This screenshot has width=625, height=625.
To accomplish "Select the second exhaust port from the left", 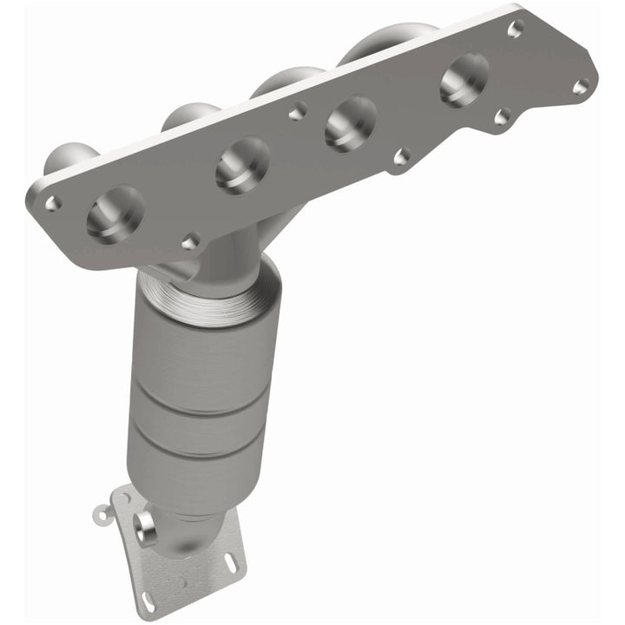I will [242, 164].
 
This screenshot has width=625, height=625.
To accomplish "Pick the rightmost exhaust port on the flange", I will [464, 79].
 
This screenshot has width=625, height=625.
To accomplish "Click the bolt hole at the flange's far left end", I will [53, 203].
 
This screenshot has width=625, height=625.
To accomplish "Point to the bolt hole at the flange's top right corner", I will [514, 29].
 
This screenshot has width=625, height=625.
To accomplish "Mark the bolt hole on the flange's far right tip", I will [581, 85].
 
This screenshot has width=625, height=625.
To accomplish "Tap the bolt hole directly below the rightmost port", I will [501, 115].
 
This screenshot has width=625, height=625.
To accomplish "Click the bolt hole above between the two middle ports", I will [298, 111].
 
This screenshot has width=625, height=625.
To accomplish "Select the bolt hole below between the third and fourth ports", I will [400, 157].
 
